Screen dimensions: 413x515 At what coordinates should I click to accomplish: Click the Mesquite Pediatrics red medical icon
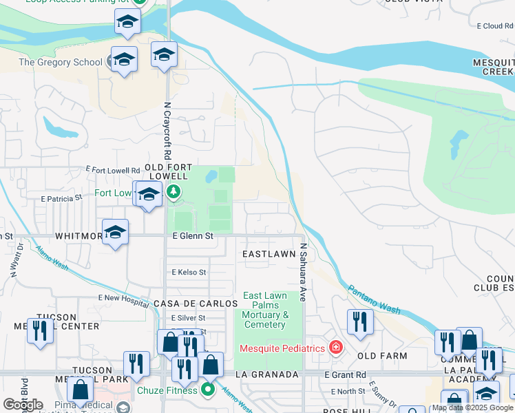(x=335, y=348)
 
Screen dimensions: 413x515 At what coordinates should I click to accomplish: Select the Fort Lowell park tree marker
(x=174, y=192)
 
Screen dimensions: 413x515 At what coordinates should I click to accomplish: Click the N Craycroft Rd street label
(x=167, y=131)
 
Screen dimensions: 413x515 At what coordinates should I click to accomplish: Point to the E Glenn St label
(x=193, y=236)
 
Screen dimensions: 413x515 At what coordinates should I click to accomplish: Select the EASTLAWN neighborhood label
(x=269, y=254)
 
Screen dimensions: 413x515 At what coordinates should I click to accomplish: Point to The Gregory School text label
(x=60, y=63)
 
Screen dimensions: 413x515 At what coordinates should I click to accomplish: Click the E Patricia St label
(x=61, y=198)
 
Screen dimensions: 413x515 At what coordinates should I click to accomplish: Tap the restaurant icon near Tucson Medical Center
(x=40, y=330)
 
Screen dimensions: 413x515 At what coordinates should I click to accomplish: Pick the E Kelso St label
(x=189, y=273)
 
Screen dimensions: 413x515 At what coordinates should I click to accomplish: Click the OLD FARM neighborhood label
(x=382, y=356)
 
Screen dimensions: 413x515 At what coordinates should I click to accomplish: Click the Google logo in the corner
(x=23, y=405)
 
